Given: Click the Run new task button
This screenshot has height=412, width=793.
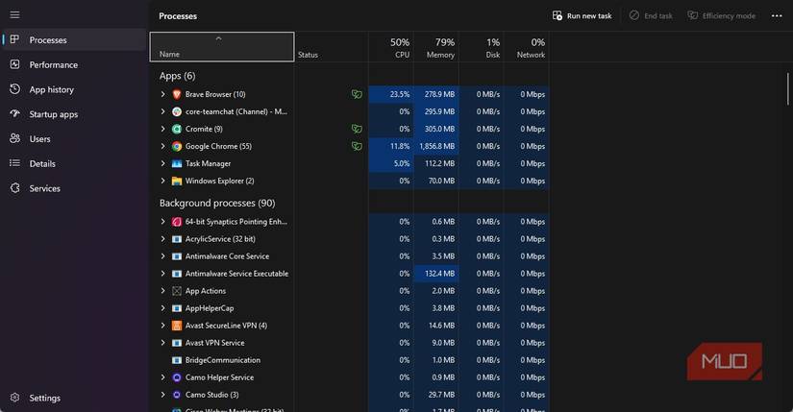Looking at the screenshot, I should point(582,15).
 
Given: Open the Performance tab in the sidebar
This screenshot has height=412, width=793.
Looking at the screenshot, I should point(53,64).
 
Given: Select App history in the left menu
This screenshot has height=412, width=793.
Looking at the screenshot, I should point(51,89).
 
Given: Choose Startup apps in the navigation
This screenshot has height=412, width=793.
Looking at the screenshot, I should point(54,114).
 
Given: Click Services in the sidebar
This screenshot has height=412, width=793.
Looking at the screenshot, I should point(44,188).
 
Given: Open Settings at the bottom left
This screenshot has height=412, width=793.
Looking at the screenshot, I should point(44,398).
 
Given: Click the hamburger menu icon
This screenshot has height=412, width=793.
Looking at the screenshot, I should point(14,15).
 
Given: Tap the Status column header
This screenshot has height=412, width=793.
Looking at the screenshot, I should point(308,55).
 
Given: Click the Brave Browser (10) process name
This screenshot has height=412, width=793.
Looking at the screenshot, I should point(214,94).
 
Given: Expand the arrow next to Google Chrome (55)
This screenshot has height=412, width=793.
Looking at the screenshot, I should point(163,146).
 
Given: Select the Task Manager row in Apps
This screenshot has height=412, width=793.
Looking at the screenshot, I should point(208,163).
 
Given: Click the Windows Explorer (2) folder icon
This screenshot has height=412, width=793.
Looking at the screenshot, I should point(177,181).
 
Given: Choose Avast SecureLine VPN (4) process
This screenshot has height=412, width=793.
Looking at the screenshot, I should point(225,326).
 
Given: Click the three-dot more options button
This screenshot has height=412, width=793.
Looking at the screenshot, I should point(777,15).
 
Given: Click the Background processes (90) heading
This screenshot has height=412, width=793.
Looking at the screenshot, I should point(217,203).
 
